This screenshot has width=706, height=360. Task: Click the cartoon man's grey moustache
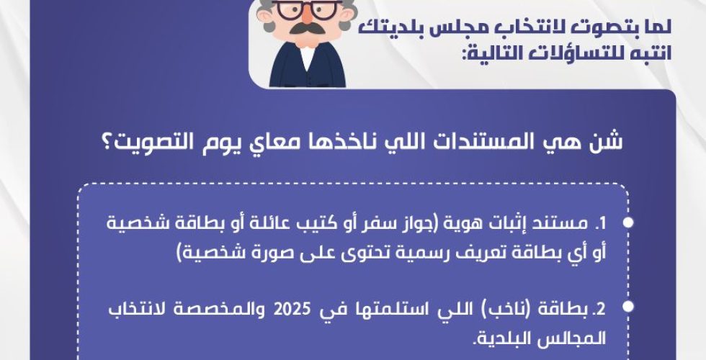click(306, 27)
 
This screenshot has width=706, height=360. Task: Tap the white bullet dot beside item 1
click(628, 222)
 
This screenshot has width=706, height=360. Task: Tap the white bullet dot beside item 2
click(628, 307)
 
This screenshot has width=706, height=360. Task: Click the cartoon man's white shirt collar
click(307, 56)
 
